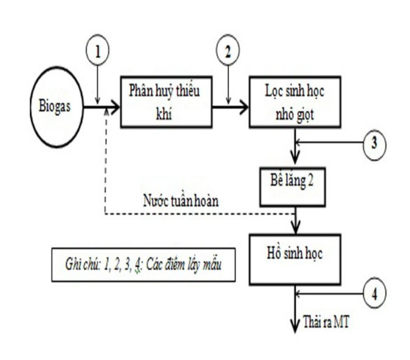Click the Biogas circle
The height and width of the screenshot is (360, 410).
[x=56, y=107]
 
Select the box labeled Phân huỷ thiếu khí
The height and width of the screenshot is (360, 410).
[x=166, y=101]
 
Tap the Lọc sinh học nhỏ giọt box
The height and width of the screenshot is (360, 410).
[x=294, y=101]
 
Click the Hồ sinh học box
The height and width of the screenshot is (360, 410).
[x=294, y=259]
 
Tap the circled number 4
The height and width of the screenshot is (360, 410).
[x=374, y=292]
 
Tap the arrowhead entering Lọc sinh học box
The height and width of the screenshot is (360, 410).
[x=244, y=107]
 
